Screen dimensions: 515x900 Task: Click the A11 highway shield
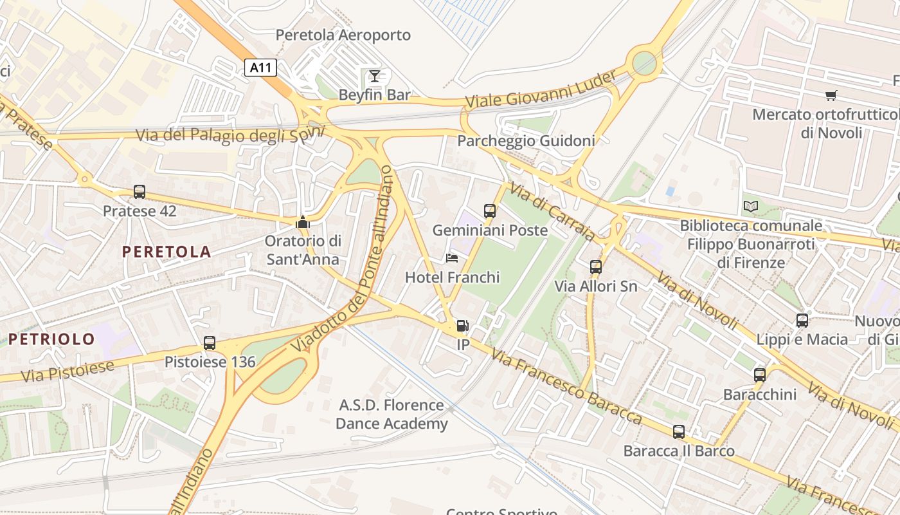click(260, 68)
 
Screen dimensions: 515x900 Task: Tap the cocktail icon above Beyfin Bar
click(374, 77)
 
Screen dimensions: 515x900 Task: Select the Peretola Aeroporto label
click(343, 35)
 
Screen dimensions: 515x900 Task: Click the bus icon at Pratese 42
click(139, 191)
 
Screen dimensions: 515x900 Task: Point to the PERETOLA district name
click(166, 252)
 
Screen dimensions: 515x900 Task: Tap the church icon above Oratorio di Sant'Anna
click(302, 223)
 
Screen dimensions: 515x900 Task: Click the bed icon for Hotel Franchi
click(452, 258)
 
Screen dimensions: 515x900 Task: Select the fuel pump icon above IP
click(462, 326)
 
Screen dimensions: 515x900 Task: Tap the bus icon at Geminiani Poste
click(490, 211)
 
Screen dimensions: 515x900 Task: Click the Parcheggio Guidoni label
click(525, 140)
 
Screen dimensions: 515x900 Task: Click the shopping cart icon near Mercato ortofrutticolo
click(831, 96)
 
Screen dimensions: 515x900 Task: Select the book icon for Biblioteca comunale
click(750, 207)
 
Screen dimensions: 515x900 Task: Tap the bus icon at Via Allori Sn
click(596, 267)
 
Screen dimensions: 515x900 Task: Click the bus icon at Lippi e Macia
click(802, 320)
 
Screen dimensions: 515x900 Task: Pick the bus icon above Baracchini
click(760, 375)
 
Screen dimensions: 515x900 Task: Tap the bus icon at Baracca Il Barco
click(679, 432)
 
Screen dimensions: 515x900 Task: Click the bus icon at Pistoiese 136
click(210, 342)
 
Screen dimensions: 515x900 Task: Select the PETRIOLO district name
click(51, 339)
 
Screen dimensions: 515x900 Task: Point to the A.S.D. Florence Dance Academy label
click(392, 414)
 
